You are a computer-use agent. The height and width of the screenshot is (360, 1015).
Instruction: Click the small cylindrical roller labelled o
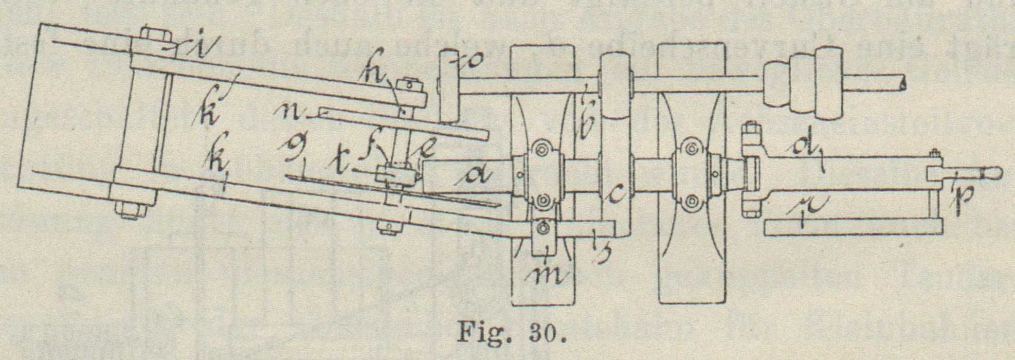(x=449, y=86)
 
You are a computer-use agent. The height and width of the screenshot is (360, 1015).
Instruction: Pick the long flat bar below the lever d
(x=853, y=227)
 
